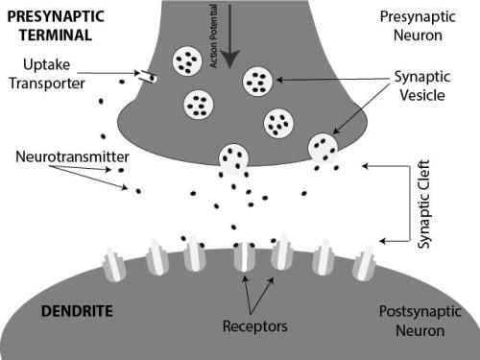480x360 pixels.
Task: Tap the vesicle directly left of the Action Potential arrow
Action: [185, 61]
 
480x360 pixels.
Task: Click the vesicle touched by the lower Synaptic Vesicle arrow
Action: [324, 148]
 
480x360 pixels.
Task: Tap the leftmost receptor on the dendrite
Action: [114, 262]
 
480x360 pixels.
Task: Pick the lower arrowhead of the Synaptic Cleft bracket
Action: [381, 240]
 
